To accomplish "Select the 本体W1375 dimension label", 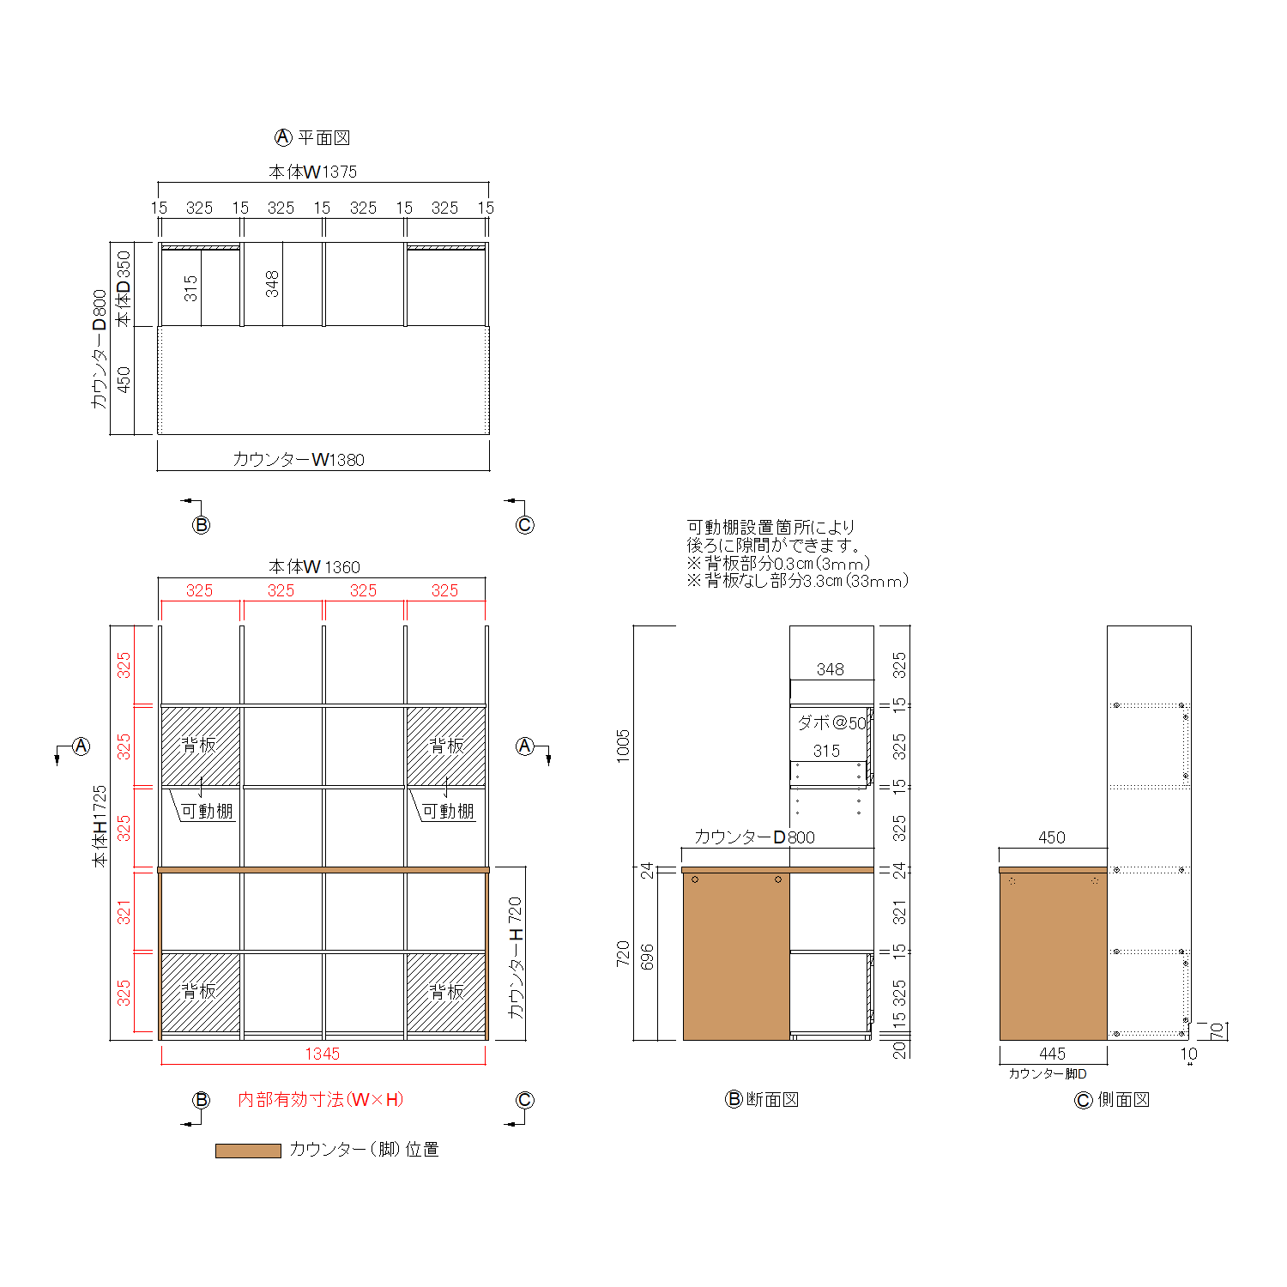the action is pyautogui.click(x=312, y=172).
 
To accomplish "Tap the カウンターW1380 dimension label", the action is pyautogui.click(x=299, y=460).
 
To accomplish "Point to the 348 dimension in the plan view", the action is pyautogui.click(x=272, y=284).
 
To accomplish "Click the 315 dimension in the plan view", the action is pyautogui.click(x=190, y=287).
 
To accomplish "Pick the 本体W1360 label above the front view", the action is pyautogui.click(x=314, y=567).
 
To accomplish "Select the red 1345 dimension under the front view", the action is pyautogui.click(x=323, y=1054).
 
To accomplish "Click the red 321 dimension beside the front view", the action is pyautogui.click(x=124, y=912).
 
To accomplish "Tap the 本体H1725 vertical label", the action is pyautogui.click(x=100, y=825).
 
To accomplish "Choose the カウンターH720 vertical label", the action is pyautogui.click(x=515, y=958).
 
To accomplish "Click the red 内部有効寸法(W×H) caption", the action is pyautogui.click(x=321, y=1100).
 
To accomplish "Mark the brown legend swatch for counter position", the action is pyautogui.click(x=248, y=1151).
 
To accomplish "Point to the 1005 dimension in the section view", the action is pyautogui.click(x=623, y=746).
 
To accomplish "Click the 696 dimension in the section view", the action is pyautogui.click(x=647, y=958).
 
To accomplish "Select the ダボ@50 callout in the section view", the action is pyautogui.click(x=832, y=722).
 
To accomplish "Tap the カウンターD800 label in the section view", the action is pyautogui.click(x=754, y=837).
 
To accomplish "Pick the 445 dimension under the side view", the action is pyautogui.click(x=1052, y=1054).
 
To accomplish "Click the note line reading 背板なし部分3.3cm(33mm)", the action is pyautogui.click(x=797, y=581).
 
